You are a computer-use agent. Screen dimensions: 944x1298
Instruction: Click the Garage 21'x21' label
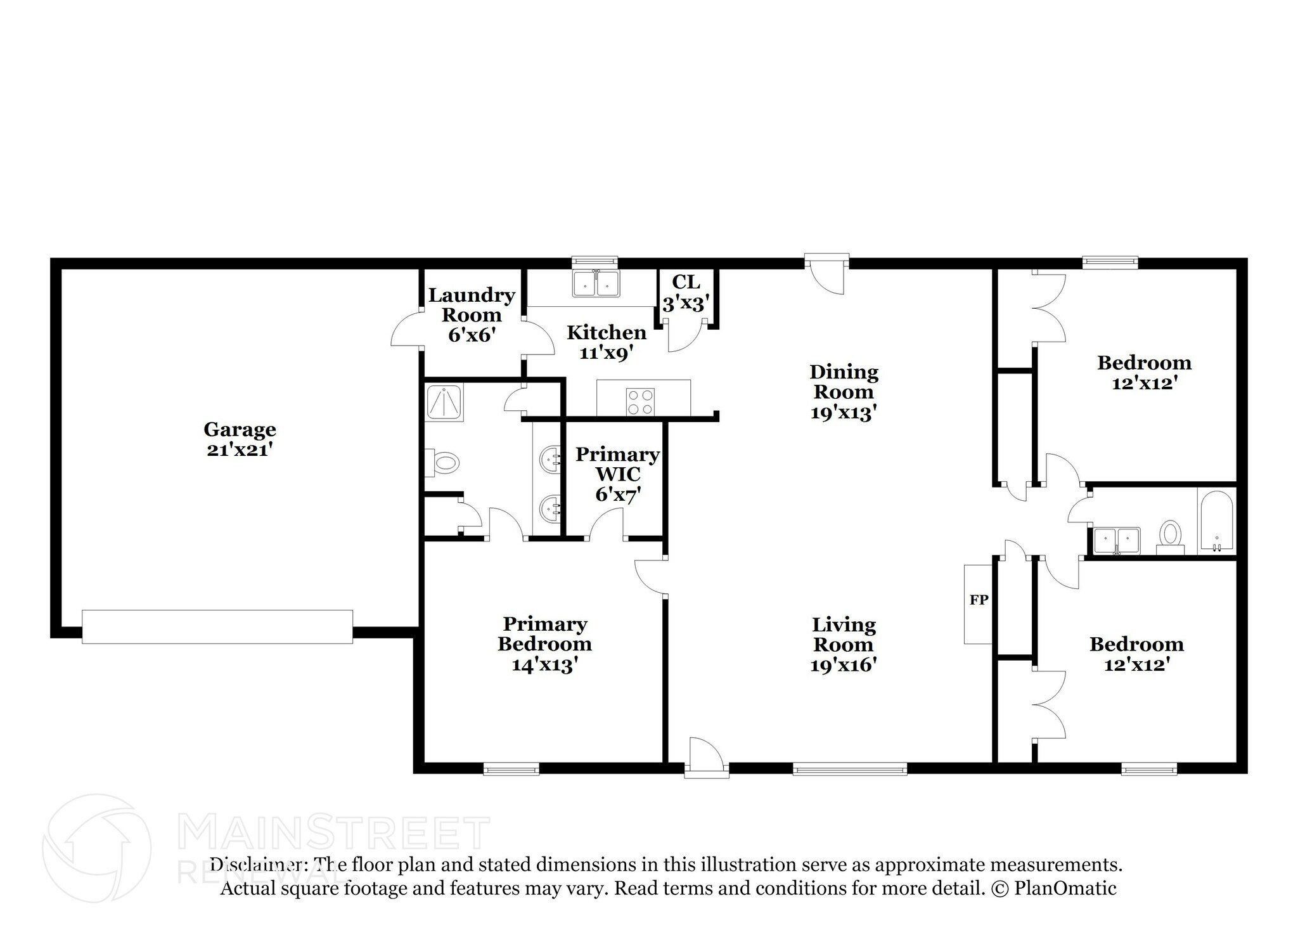[240, 439]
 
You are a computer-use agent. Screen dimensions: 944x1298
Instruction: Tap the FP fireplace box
[978, 604]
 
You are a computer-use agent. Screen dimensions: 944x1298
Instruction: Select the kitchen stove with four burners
[639, 401]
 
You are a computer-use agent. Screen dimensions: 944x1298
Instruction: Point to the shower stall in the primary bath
[444, 402]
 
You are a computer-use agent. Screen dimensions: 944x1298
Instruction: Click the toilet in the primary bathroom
[442, 463]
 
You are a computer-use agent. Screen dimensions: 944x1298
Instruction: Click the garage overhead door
[217, 626]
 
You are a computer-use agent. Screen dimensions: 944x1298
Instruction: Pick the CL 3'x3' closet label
[685, 292]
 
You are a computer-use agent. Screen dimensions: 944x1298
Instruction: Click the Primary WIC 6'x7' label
[617, 474]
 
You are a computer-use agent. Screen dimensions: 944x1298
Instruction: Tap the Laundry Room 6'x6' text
[472, 314]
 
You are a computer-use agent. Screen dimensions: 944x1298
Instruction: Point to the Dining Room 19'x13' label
[844, 391]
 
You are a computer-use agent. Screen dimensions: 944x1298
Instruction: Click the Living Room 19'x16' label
[844, 644]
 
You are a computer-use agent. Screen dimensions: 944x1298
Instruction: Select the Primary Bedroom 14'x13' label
[544, 644]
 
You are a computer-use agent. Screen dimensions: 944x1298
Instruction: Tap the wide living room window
[849, 769]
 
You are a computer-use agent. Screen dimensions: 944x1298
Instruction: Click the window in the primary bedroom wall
[511, 769]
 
